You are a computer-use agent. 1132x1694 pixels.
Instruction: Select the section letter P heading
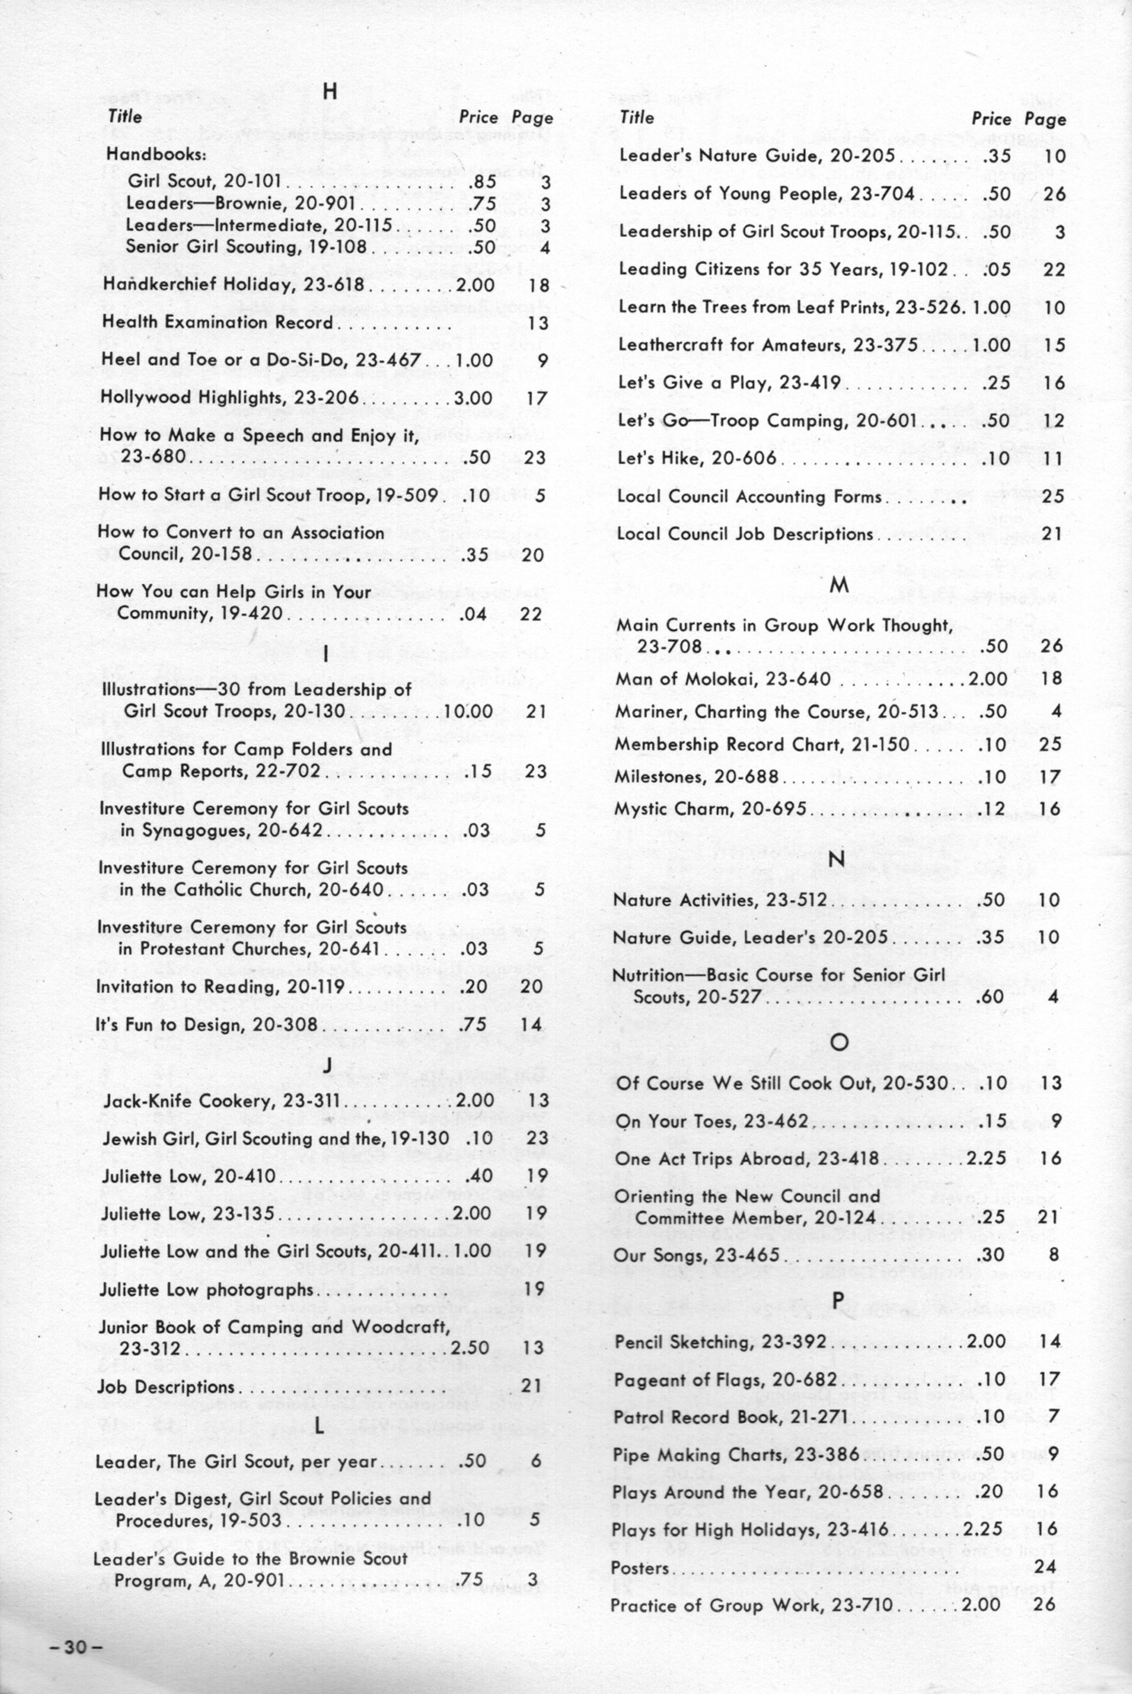tap(837, 1300)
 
